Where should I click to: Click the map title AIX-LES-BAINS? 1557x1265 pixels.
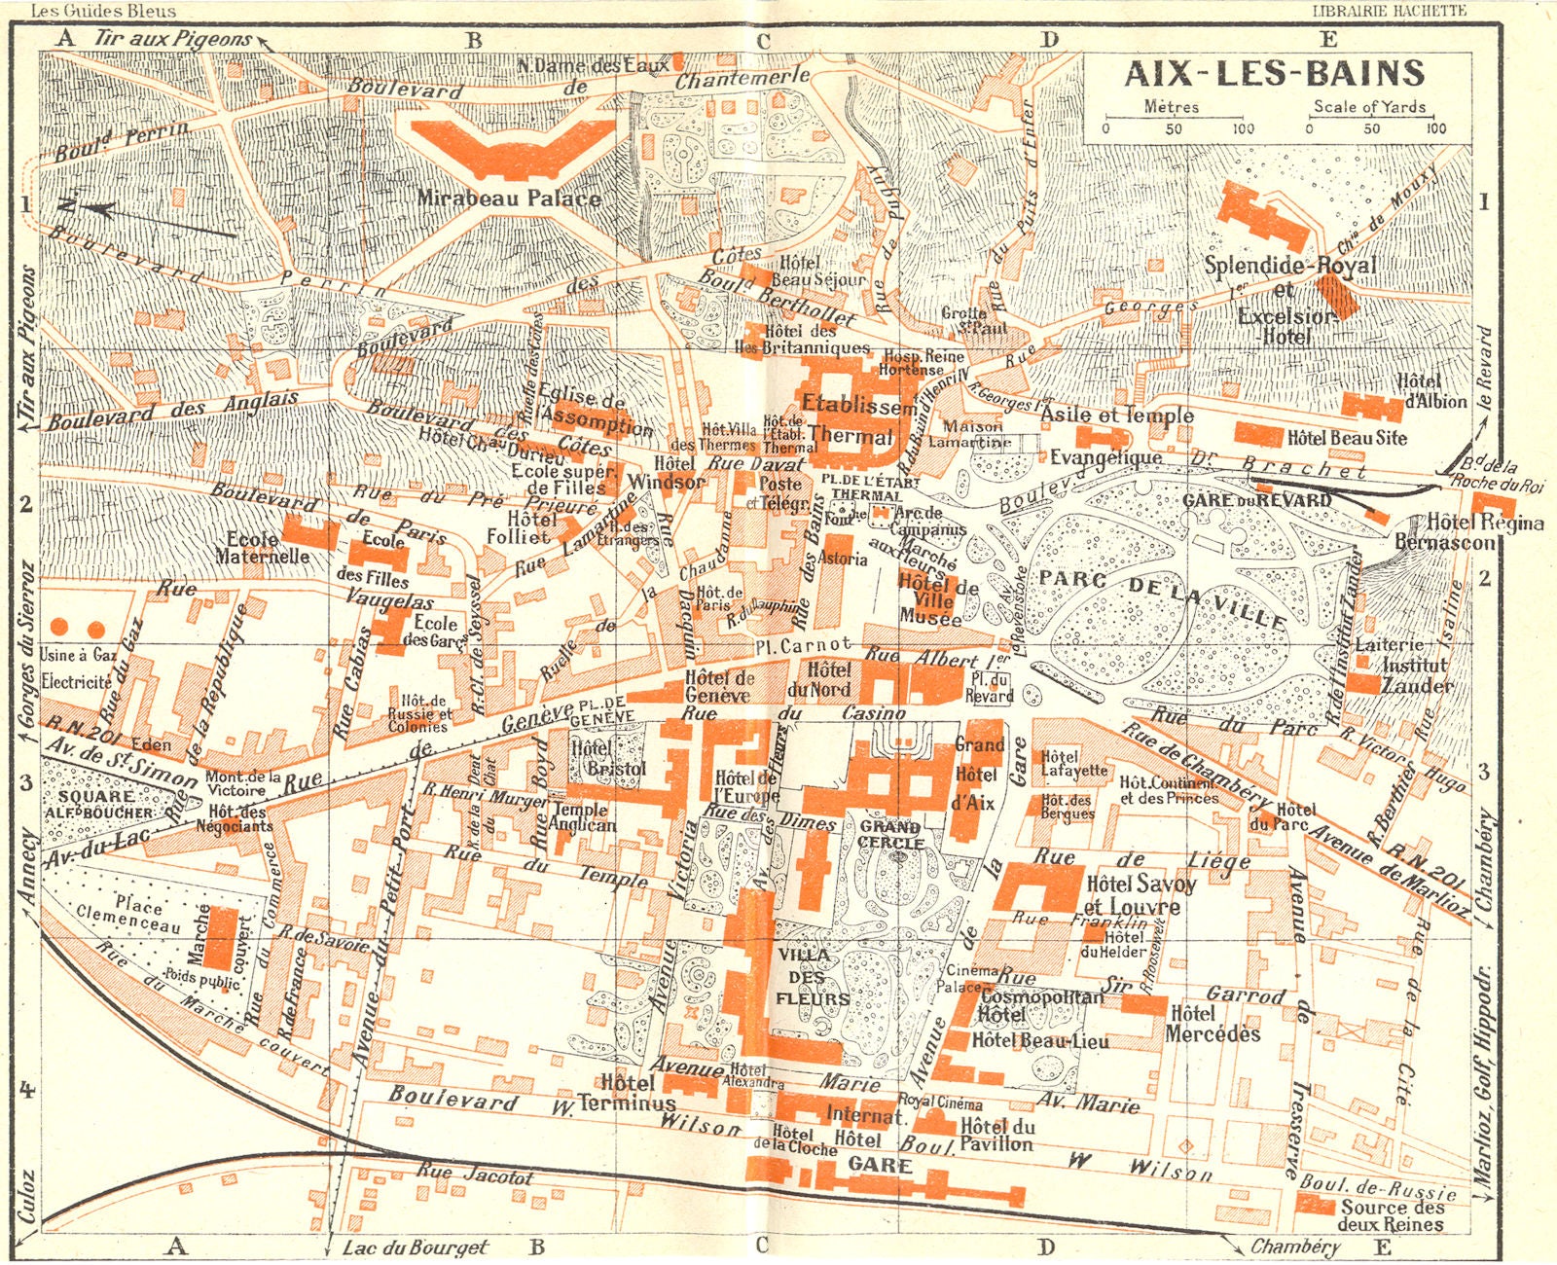(x=1275, y=74)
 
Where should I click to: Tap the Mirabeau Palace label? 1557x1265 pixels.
(x=509, y=199)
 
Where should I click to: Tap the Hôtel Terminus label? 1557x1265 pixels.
(x=637, y=1093)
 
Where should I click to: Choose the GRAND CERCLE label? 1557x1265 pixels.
(x=891, y=835)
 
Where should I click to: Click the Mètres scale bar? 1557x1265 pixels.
(x=1173, y=120)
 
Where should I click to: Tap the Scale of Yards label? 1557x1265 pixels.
(x=1369, y=107)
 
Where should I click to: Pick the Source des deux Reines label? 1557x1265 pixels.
(x=1392, y=1214)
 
